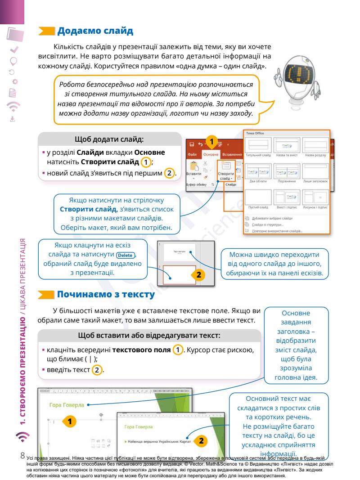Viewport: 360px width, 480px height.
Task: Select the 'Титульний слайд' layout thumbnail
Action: click(x=258, y=145)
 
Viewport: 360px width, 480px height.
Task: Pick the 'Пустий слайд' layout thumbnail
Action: click(x=258, y=197)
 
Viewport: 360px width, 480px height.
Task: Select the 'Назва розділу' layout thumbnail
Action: click(x=315, y=145)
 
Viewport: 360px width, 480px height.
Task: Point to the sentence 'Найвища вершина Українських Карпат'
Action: click(x=157, y=441)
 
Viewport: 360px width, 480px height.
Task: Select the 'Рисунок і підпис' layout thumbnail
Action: click(x=315, y=197)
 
